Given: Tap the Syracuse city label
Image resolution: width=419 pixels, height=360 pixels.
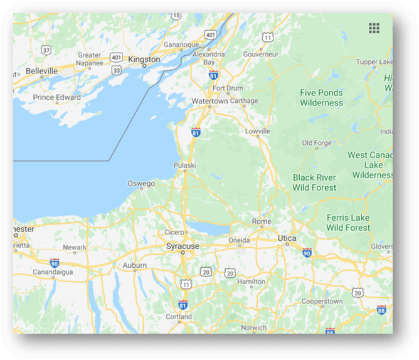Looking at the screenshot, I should click(183, 246).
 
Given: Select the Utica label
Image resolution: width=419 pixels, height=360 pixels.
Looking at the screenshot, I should click(287, 239).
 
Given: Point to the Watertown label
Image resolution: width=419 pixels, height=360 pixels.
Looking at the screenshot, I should click(209, 101).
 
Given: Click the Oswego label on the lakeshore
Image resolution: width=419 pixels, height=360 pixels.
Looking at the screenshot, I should click(141, 184).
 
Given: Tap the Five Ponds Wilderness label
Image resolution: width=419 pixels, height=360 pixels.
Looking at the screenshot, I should click(321, 97).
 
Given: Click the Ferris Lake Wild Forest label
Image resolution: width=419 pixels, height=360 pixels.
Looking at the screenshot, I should click(348, 223).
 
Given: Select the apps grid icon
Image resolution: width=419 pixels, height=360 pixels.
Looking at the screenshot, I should click(374, 28).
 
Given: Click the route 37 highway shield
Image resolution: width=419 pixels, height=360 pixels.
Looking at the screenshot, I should click(46, 50).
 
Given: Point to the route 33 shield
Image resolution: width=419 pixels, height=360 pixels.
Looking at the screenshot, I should click(116, 71).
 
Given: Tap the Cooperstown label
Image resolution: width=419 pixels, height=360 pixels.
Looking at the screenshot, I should click(322, 302).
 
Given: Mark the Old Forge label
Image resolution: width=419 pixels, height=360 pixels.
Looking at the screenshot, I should click(316, 143).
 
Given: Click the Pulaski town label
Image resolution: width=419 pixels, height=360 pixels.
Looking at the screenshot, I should click(185, 166).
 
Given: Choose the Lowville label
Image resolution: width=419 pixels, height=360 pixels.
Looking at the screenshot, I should click(258, 131).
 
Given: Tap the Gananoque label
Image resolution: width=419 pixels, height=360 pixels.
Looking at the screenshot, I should click(181, 45).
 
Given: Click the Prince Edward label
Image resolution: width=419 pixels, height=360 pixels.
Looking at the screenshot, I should click(56, 97).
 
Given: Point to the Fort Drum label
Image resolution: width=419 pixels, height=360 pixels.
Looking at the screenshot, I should click(227, 88).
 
